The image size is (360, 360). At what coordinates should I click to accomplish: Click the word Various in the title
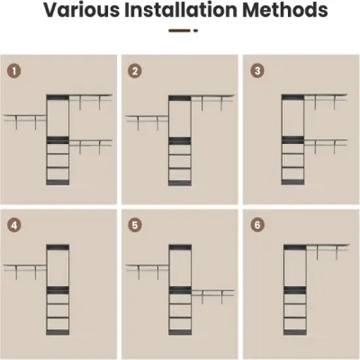pyautogui.click(x=82, y=10)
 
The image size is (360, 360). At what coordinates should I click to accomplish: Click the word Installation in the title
pyautogui.click(x=181, y=10)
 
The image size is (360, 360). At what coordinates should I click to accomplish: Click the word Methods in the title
pyautogui.click(x=285, y=10)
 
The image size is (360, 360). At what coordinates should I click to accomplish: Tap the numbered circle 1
pyautogui.click(x=14, y=71)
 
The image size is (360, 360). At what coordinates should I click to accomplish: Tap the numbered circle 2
pyautogui.click(x=135, y=71)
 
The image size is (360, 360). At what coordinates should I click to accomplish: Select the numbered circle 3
pyautogui.click(x=257, y=71)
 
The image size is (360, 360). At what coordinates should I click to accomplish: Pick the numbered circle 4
pyautogui.click(x=14, y=225)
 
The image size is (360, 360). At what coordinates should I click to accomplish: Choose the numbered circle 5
pyautogui.click(x=135, y=225)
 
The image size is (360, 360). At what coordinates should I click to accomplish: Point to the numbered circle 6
pyautogui.click(x=257, y=225)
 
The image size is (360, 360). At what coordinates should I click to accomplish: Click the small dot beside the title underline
pyautogui.click(x=196, y=31)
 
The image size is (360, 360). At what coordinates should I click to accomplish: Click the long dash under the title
pyautogui.click(x=179, y=31)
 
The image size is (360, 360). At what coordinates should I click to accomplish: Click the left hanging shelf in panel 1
pyautogui.click(x=25, y=122)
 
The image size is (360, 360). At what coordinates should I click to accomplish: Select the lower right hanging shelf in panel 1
pyautogui.click(x=91, y=147)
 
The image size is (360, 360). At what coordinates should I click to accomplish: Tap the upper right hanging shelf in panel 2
pyautogui.click(x=213, y=103)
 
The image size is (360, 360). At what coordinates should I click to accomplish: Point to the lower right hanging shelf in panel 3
pyautogui.click(x=326, y=147)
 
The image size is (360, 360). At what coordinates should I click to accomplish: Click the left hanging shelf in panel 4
pyautogui.click(x=25, y=272)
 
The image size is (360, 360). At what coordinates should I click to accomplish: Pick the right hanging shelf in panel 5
pyautogui.click(x=213, y=297)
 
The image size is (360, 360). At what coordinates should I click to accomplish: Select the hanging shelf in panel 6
pyautogui.click(x=328, y=252)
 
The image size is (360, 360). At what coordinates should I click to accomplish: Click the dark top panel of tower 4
pyautogui.click(x=58, y=247)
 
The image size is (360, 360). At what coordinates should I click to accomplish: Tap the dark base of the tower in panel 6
pyautogui.click(x=295, y=333)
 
